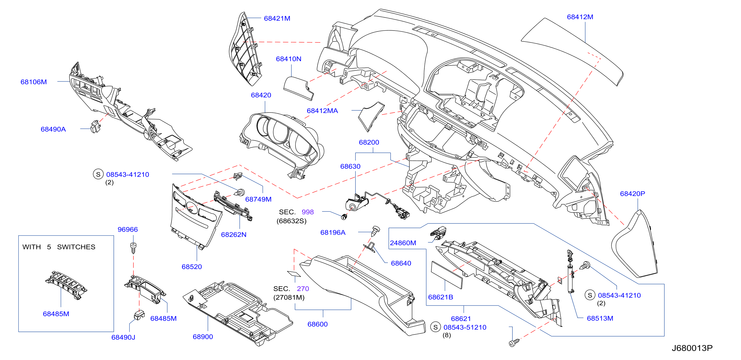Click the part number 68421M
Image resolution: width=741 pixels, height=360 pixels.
click(x=277, y=18)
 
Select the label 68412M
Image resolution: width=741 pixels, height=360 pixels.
click(x=580, y=17)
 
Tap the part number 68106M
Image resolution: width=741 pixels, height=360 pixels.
click(x=34, y=82)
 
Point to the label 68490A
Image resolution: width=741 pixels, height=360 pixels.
click(x=53, y=129)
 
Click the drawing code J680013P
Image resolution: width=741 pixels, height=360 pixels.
click(x=692, y=348)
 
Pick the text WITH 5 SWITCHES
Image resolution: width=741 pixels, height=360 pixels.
click(x=59, y=247)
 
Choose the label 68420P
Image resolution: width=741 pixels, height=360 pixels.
click(x=632, y=194)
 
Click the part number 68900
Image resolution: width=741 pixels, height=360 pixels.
click(x=203, y=337)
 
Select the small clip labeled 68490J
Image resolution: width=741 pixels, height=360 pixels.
click(x=139, y=315)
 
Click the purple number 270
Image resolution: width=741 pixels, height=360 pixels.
click(x=303, y=289)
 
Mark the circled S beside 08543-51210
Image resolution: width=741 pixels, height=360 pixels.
click(x=436, y=327)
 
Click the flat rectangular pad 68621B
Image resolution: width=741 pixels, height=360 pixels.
click(x=446, y=275)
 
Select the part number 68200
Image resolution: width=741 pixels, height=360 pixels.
click(x=369, y=142)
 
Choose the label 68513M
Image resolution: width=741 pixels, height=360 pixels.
click(x=600, y=318)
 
